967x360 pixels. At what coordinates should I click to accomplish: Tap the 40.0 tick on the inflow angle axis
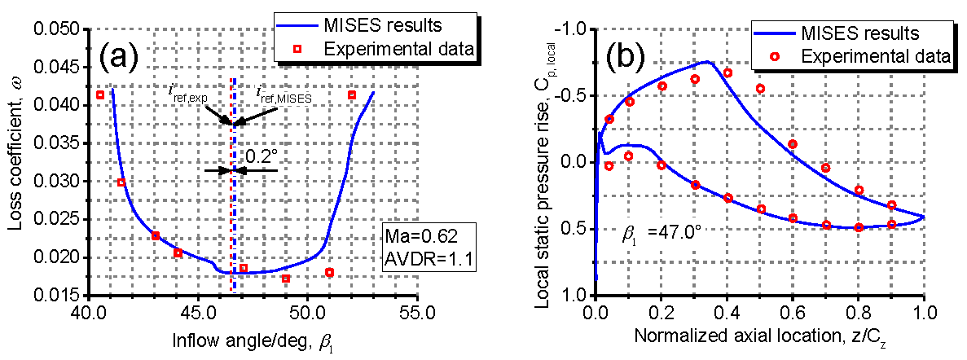pos(87,311)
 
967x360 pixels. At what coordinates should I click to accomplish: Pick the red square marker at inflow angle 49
pos(286,279)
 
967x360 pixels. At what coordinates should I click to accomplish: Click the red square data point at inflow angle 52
pos(352,94)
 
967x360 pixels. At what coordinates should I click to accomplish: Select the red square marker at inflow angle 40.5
pos(100,94)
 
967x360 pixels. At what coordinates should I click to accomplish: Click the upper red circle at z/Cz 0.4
pos(727,73)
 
